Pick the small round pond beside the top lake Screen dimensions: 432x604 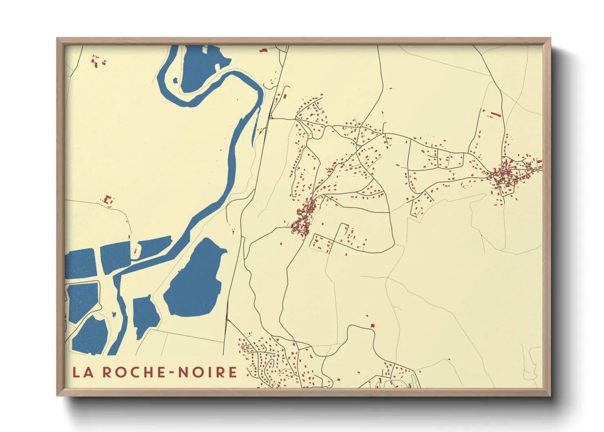coord(175,80)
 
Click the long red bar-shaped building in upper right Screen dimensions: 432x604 coord(495,114)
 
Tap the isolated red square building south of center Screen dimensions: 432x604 coord(372,325)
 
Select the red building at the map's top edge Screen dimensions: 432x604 coord(263,50)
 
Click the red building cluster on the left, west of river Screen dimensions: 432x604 coord(108,200)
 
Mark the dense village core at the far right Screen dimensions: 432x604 coord(505,176)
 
